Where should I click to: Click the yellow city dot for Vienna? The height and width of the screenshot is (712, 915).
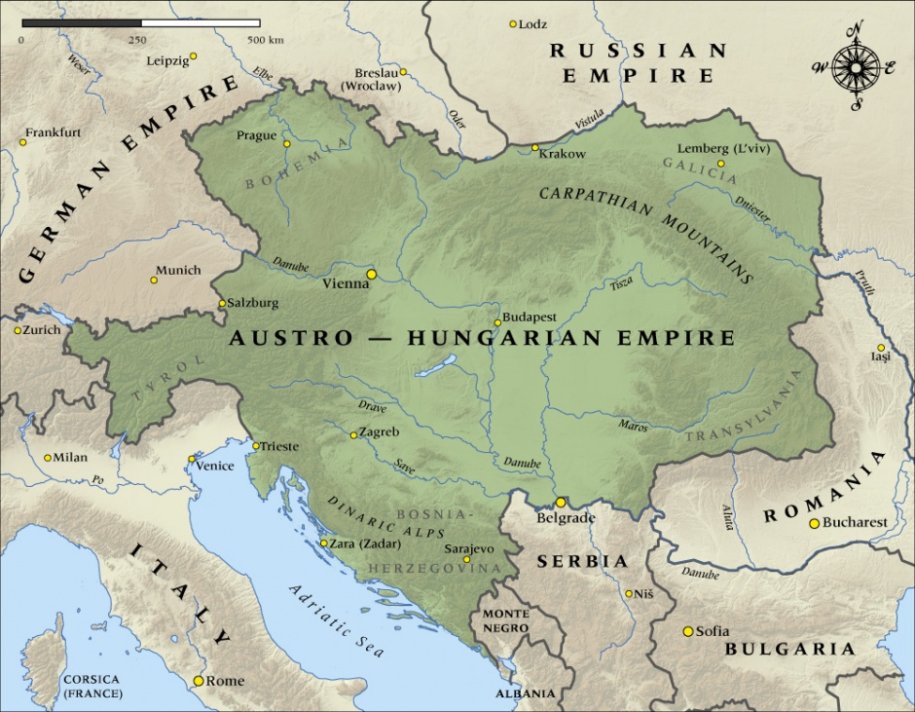[x=371, y=275]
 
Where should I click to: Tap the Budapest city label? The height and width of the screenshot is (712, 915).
[x=530, y=318]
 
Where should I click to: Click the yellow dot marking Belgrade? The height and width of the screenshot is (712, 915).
[x=560, y=503]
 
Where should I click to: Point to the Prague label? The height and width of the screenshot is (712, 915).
[x=256, y=135]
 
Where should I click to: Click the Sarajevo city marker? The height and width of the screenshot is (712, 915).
[x=467, y=559]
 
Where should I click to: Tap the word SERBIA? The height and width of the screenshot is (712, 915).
[x=584, y=562]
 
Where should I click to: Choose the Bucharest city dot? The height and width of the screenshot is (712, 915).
[x=814, y=524]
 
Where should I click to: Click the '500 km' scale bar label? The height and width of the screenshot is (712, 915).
[x=265, y=40]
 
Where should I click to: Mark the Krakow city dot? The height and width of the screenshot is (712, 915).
[x=534, y=148]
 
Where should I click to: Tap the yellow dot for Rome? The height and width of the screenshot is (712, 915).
[x=200, y=681]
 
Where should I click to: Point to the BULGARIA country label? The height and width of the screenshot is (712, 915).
[x=789, y=649]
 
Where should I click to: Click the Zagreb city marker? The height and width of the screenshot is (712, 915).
[x=353, y=435]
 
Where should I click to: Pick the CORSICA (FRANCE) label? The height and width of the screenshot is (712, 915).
[x=91, y=686]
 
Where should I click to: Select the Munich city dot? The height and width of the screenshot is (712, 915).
[x=153, y=281]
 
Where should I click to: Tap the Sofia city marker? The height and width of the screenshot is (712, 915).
[x=688, y=631]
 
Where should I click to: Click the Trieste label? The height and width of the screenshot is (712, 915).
[x=279, y=446]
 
